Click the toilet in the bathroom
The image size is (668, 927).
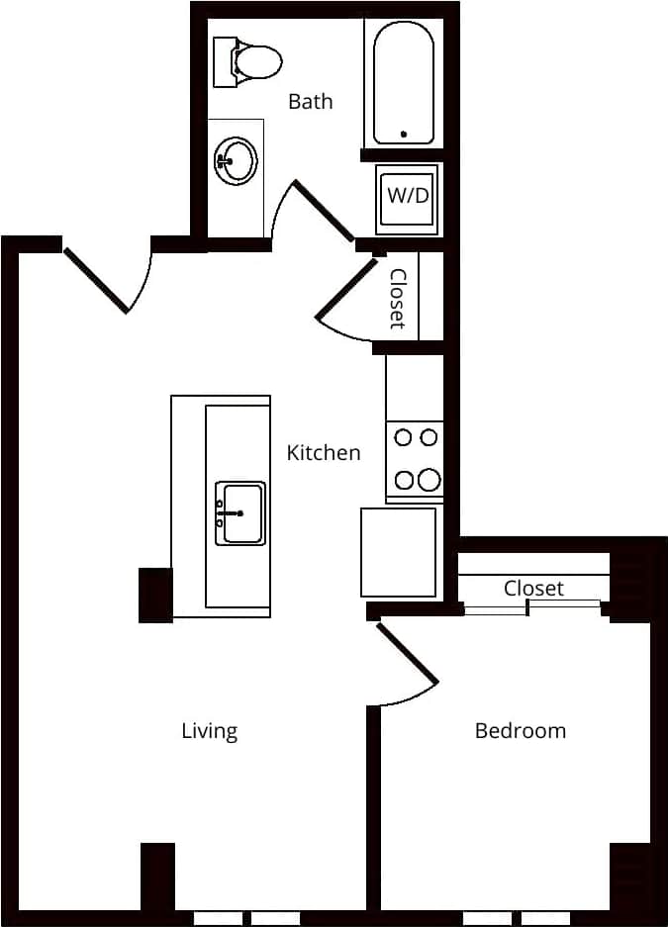(x=253, y=60)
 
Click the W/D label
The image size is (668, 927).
(x=408, y=196)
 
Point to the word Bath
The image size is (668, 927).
(x=310, y=101)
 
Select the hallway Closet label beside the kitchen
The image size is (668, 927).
(x=398, y=298)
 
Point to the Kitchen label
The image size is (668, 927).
(x=324, y=453)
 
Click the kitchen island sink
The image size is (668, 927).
(x=240, y=513)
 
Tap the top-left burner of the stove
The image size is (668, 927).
(x=404, y=436)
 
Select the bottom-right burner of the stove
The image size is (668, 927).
(x=429, y=480)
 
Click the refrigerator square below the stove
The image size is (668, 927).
(x=398, y=552)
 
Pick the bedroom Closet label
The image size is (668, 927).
(x=533, y=588)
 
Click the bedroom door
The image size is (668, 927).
(x=407, y=654)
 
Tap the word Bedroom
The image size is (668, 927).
(x=521, y=731)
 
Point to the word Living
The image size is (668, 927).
(x=210, y=731)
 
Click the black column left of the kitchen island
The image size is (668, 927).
(x=155, y=595)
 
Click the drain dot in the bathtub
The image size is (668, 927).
(x=404, y=134)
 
